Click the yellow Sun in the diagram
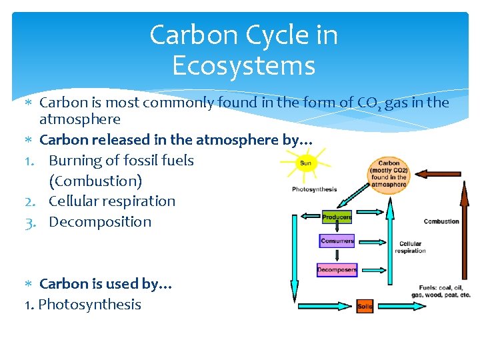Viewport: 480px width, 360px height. coord(306,163)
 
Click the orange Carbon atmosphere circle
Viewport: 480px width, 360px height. coord(389,175)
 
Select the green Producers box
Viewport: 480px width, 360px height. coord(337,217)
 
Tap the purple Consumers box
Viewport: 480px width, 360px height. coord(337,241)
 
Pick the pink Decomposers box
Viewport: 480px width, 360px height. coord(337,270)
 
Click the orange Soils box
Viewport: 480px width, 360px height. coord(365,306)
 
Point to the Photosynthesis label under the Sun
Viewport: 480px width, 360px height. coord(314,189)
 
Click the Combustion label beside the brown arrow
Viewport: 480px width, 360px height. coord(441,221)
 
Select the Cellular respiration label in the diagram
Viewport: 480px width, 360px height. coord(410,247)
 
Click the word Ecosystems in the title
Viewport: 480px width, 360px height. coord(243,66)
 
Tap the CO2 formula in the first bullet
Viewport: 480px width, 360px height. coord(368,103)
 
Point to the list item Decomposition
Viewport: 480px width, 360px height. coord(100,222)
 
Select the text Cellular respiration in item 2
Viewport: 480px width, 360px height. coord(112,201)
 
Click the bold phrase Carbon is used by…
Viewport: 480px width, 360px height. coord(106,284)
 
